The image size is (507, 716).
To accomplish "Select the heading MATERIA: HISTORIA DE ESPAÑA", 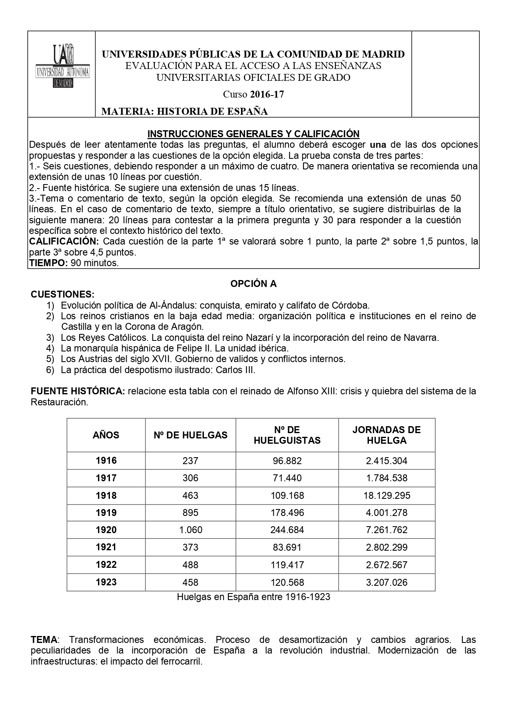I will (184, 111).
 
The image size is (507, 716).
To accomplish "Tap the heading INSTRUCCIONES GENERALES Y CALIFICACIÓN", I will (253, 134).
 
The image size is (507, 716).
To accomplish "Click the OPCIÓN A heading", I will (253, 284).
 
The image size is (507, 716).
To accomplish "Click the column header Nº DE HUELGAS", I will (190, 435).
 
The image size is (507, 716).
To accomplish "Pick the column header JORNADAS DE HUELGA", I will (386, 435).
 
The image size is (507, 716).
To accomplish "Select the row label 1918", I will (106, 496).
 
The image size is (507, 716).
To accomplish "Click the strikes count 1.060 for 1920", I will (190, 530).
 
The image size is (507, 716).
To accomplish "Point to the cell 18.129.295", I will (386, 496).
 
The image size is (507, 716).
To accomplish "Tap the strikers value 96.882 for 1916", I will (287, 461).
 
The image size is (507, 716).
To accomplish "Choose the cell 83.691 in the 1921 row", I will (287, 547).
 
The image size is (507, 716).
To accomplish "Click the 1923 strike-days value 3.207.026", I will (386, 582).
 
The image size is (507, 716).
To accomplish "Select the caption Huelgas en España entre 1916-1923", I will (253, 597).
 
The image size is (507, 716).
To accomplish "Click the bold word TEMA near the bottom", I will (44, 640).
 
